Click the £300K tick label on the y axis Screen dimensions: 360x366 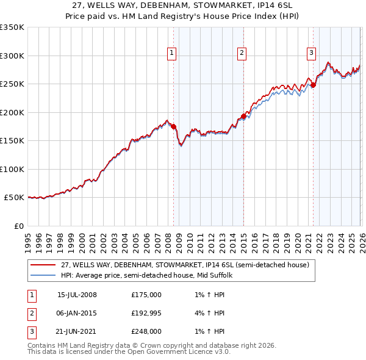point(12,56)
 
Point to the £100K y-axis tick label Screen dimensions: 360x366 point(12,169)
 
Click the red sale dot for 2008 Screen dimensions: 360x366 point(173,127)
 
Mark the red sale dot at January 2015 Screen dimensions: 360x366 point(243,116)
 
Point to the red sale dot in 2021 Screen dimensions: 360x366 point(314,85)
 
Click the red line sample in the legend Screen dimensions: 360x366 point(44,265)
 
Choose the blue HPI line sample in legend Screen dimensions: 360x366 point(44,275)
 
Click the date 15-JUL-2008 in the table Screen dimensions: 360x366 point(77,294)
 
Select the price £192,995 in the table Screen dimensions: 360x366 point(146,313)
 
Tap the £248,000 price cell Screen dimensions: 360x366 point(146,332)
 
